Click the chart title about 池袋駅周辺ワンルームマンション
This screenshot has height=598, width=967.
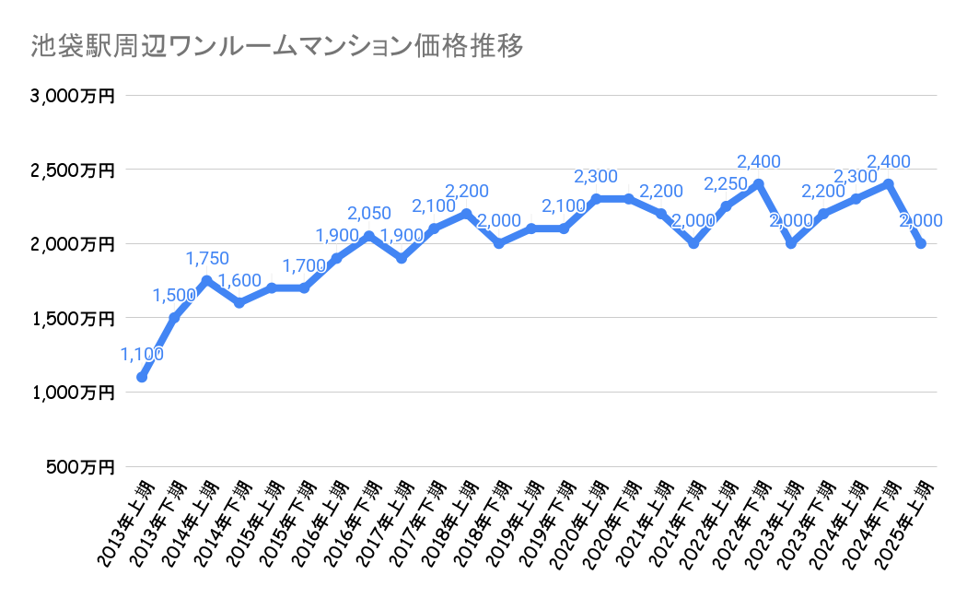[276, 45]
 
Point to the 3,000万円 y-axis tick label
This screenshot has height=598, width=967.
[73, 96]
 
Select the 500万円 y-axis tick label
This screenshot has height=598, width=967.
[80, 467]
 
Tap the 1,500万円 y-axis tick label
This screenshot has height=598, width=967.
[73, 319]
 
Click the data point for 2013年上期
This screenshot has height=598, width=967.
[142, 377]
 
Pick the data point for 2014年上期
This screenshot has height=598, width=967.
[206, 281]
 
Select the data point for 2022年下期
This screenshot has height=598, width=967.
[759, 184]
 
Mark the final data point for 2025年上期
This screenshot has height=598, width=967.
[921, 243]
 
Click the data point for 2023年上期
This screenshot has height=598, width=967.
[791, 243]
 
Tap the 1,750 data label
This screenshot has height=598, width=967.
[206, 259]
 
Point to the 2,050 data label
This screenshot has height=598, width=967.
[368, 214]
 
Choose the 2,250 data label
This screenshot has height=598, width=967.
[725, 184]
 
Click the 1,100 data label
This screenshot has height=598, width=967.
[142, 354]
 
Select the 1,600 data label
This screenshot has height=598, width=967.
[239, 281]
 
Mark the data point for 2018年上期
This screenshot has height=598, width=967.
[466, 214]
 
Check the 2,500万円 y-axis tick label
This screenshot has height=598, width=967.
[73, 170]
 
